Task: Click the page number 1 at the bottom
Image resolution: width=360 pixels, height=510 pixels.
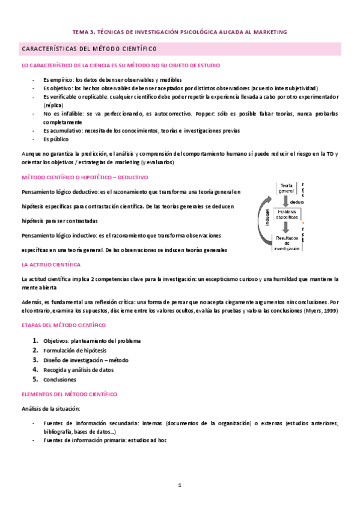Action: tap(179, 485)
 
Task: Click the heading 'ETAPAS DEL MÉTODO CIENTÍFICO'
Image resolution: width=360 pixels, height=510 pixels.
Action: tap(63, 325)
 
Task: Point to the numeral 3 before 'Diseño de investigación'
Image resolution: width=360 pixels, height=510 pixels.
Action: tap(35, 360)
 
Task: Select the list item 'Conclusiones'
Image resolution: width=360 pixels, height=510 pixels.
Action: tap(59, 379)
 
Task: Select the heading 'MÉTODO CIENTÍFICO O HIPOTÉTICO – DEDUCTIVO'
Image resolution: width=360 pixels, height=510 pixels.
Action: tap(84, 177)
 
